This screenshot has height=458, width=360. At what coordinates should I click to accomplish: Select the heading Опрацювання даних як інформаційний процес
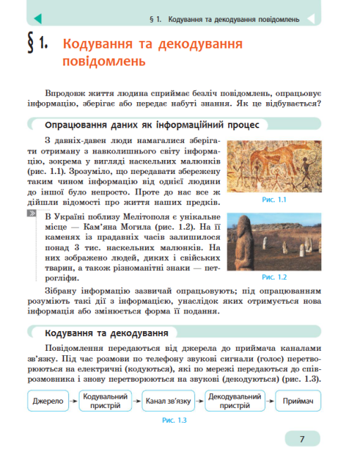152,125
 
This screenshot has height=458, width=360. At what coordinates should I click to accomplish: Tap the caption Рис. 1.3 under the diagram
173,421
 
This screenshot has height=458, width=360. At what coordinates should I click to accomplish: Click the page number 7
302,439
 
